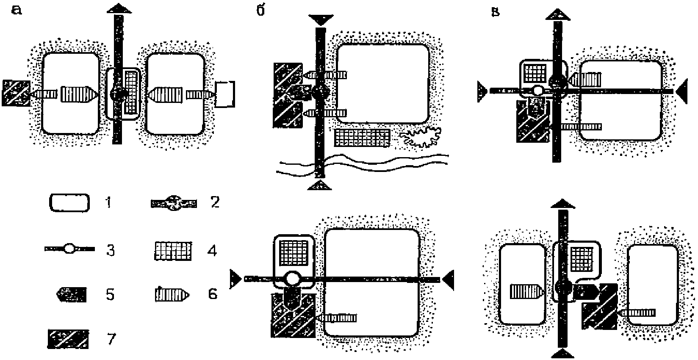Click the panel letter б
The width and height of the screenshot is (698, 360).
(260, 10)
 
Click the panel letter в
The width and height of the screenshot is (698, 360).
(495, 12)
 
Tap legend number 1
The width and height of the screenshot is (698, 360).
(108, 202)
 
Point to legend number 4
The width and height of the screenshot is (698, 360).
(212, 251)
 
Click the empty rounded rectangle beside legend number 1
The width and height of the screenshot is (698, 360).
(69, 203)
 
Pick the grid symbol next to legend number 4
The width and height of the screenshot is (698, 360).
(173, 251)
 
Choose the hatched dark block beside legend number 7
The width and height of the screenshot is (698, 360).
(68, 339)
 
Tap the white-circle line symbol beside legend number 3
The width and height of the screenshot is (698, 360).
(69, 249)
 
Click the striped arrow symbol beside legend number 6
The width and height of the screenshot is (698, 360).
(172, 294)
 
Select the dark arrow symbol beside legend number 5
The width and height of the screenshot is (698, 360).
(71, 294)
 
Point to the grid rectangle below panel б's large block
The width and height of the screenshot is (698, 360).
(362, 138)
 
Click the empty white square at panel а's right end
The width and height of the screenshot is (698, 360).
(225, 94)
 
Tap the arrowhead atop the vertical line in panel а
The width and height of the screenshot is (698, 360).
(119, 9)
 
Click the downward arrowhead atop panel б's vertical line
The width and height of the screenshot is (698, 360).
(321, 20)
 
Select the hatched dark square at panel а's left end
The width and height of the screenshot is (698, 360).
(16, 93)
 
